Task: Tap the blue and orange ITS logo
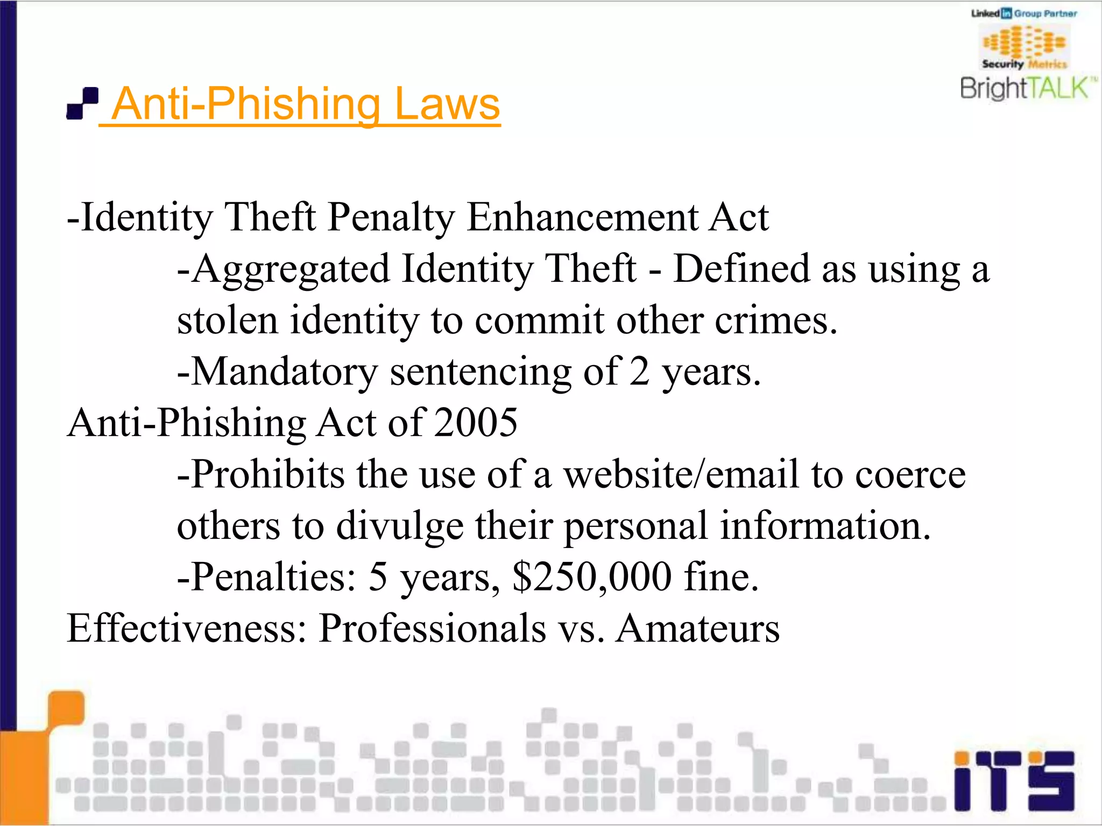tap(1014, 780)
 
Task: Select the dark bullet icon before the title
tap(82, 103)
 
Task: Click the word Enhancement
tap(583, 217)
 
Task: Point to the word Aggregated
tap(291, 269)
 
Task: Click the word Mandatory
tap(285, 372)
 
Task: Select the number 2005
tap(476, 423)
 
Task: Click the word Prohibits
tap(267, 474)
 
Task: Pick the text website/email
tap(681, 474)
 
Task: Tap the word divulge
tap(400, 526)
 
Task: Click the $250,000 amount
tap(592, 577)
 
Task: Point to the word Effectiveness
tap(186, 628)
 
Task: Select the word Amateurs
tap(698, 628)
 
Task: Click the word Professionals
tap(432, 628)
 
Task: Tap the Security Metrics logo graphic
tap(1025, 47)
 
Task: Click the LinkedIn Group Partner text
tap(1024, 13)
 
